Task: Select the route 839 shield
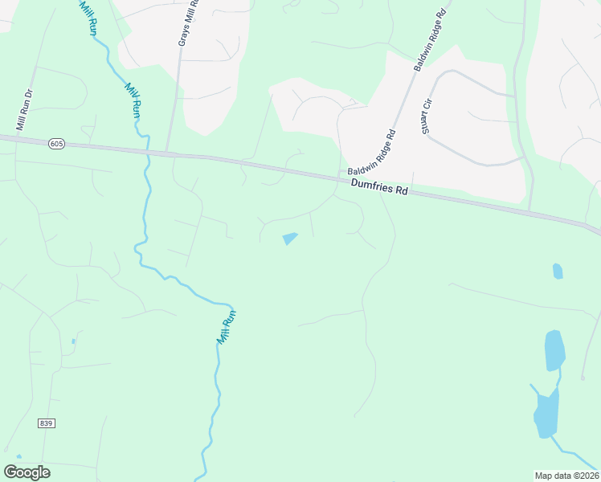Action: click(45, 423)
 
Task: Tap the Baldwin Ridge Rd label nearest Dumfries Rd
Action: click(372, 152)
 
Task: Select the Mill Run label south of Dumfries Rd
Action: click(227, 327)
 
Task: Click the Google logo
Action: click(27, 472)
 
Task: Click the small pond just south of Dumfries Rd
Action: click(289, 239)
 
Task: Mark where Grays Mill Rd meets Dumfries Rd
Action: click(168, 153)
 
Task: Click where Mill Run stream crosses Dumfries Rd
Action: click(145, 150)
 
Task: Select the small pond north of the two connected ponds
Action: click(558, 271)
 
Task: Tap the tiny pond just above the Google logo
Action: click(18, 456)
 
